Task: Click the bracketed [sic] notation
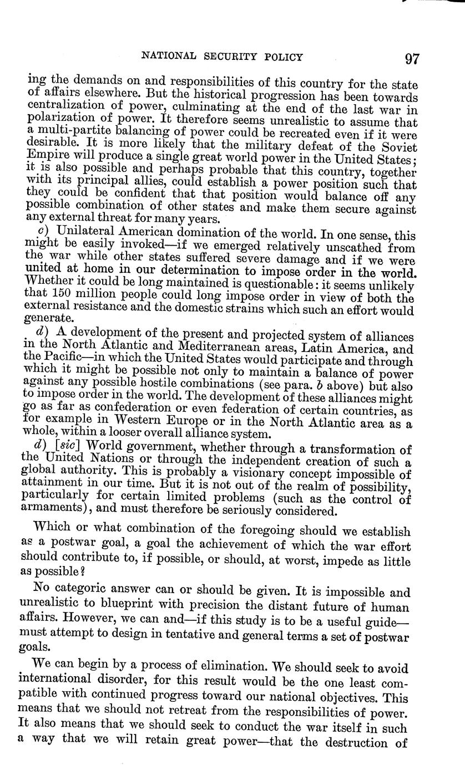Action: click(x=68, y=447)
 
